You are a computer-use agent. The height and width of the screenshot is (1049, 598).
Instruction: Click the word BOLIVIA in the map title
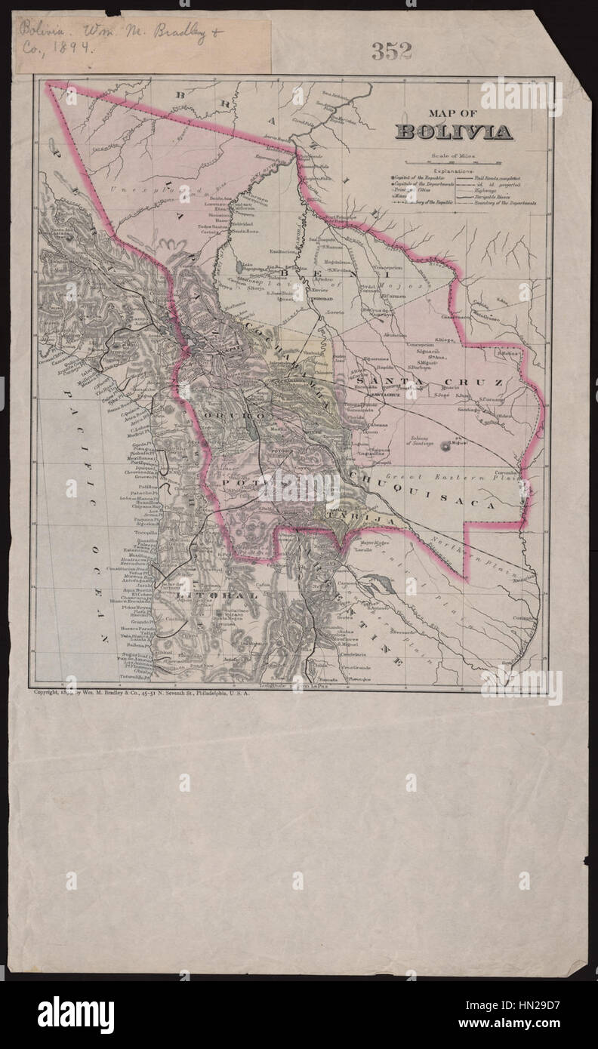[x=454, y=132]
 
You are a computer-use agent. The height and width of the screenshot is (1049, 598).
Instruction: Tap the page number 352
[x=391, y=51]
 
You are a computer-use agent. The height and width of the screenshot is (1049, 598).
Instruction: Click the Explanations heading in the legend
[x=452, y=172]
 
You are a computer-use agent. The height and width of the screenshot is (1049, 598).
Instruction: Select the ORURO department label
[x=241, y=415]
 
